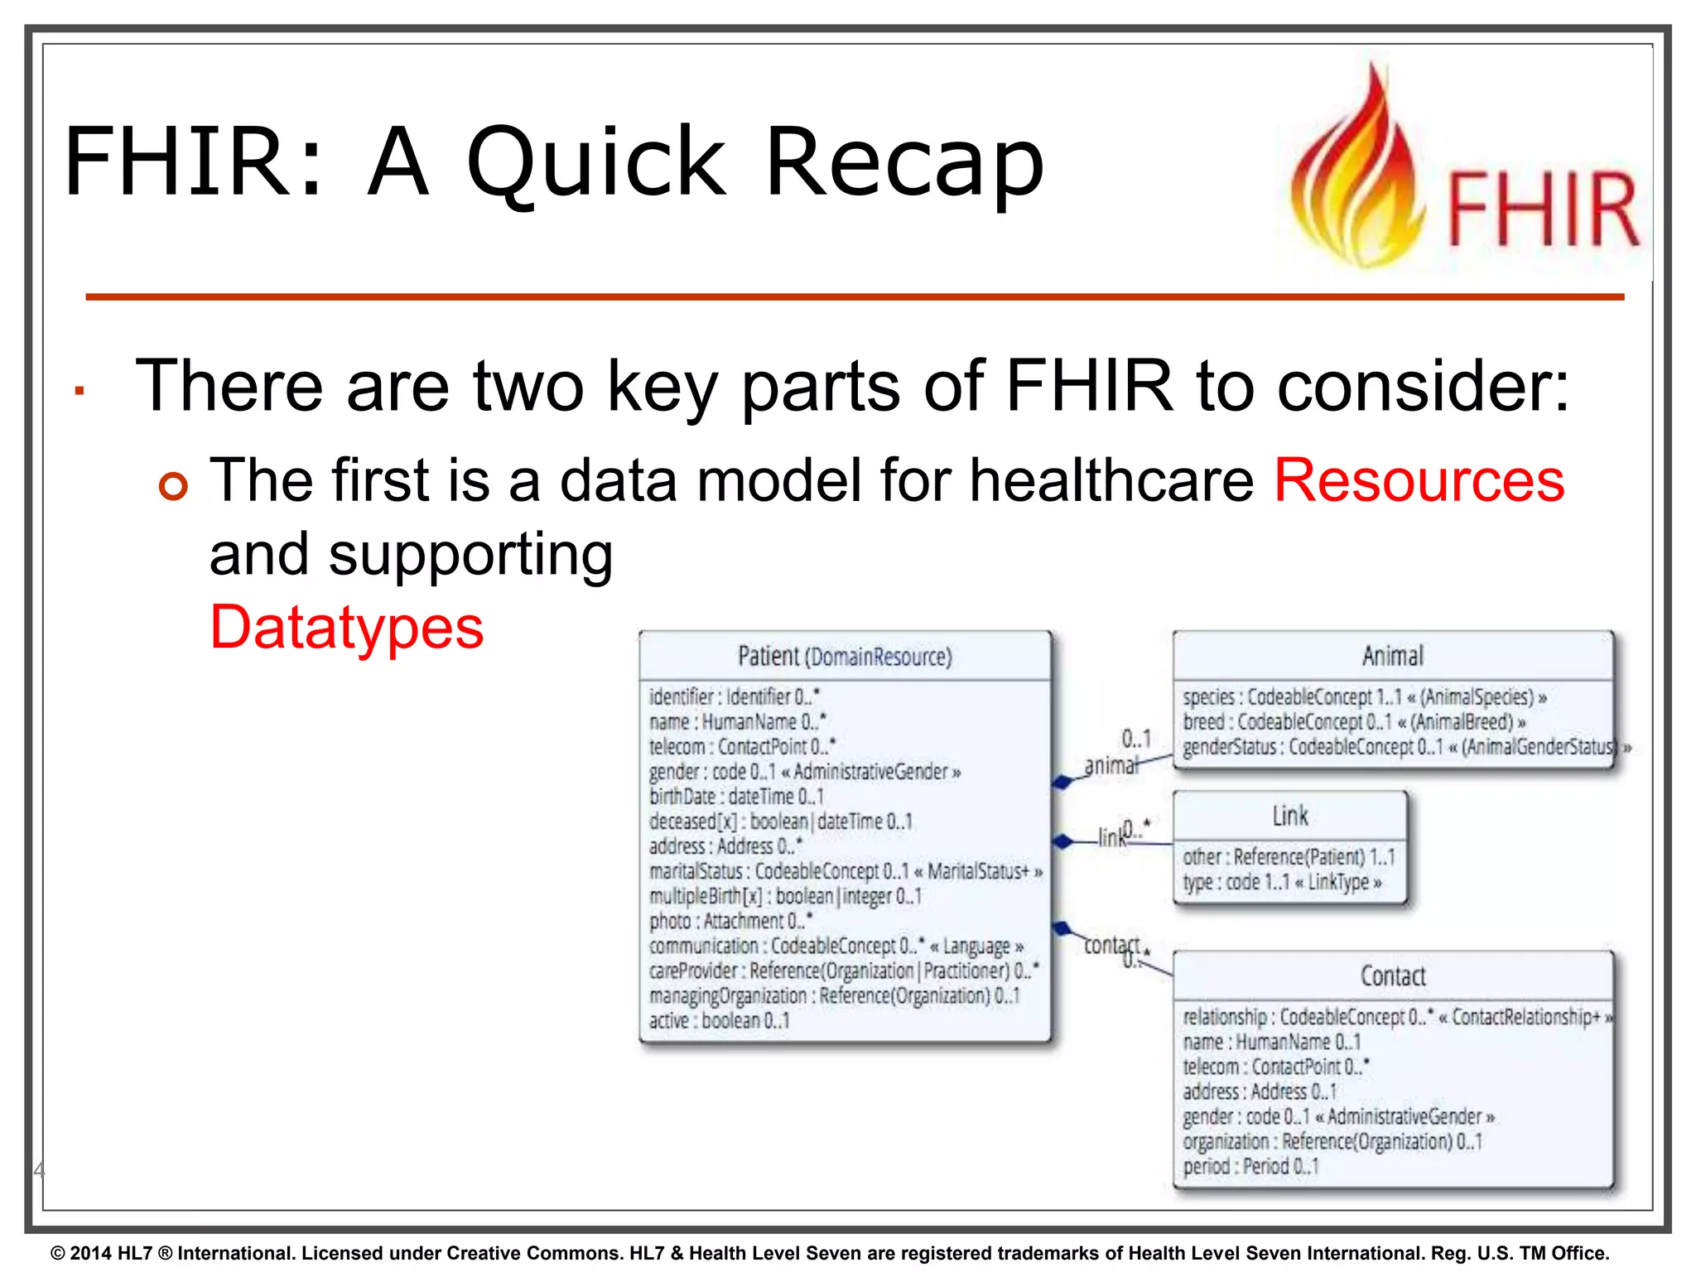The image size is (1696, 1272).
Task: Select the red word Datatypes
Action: point(346,628)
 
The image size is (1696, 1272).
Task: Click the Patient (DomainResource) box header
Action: point(845,657)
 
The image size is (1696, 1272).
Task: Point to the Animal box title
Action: point(1393,656)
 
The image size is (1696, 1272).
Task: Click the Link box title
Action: point(1290,816)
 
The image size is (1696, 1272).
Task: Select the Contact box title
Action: point(1393,976)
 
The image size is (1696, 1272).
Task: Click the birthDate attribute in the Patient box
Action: point(735,797)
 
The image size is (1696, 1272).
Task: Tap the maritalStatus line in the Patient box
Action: point(845,871)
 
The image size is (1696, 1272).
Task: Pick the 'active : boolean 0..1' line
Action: point(719,1020)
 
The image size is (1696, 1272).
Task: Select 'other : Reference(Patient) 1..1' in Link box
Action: point(1288,856)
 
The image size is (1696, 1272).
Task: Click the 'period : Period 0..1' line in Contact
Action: point(1250,1166)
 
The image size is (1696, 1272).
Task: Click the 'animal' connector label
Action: point(1111,765)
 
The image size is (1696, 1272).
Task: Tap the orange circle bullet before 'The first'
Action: point(174,486)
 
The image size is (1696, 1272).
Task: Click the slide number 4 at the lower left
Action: point(38,1169)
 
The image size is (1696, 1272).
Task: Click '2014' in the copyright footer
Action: point(91,1253)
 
